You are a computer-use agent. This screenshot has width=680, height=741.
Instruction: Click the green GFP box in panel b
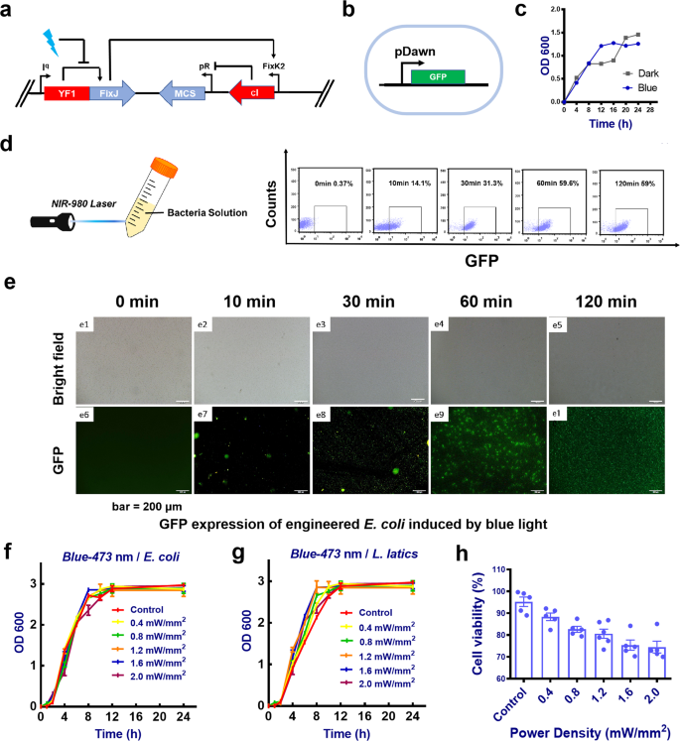(x=436, y=76)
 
